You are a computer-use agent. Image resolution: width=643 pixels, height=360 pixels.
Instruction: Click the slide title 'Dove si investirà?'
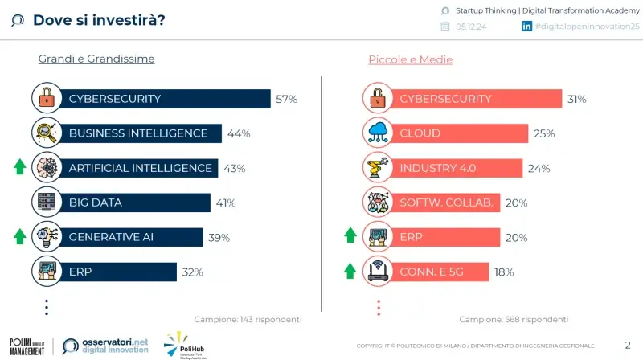point(98,19)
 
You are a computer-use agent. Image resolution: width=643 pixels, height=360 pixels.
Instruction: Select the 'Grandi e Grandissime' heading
point(96,59)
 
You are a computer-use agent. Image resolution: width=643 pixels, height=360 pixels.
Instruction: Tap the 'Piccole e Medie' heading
point(410,59)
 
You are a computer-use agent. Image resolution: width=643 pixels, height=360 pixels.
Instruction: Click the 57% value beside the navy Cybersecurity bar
point(286,99)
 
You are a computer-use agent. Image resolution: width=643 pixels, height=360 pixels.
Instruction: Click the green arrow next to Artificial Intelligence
point(20,167)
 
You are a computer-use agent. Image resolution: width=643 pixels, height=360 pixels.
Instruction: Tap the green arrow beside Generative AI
point(20,236)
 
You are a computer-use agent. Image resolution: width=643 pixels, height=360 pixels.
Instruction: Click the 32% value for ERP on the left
point(192,272)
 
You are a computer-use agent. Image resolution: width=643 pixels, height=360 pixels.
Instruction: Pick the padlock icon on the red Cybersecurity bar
point(376,99)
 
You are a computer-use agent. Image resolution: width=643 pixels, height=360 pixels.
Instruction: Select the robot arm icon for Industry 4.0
point(376,167)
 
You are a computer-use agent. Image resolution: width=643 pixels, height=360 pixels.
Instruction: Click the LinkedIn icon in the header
point(527,26)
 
